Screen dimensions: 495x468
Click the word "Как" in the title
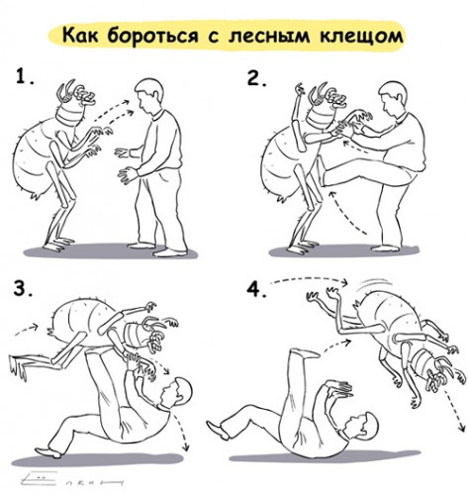87,35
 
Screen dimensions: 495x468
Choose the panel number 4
258,291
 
